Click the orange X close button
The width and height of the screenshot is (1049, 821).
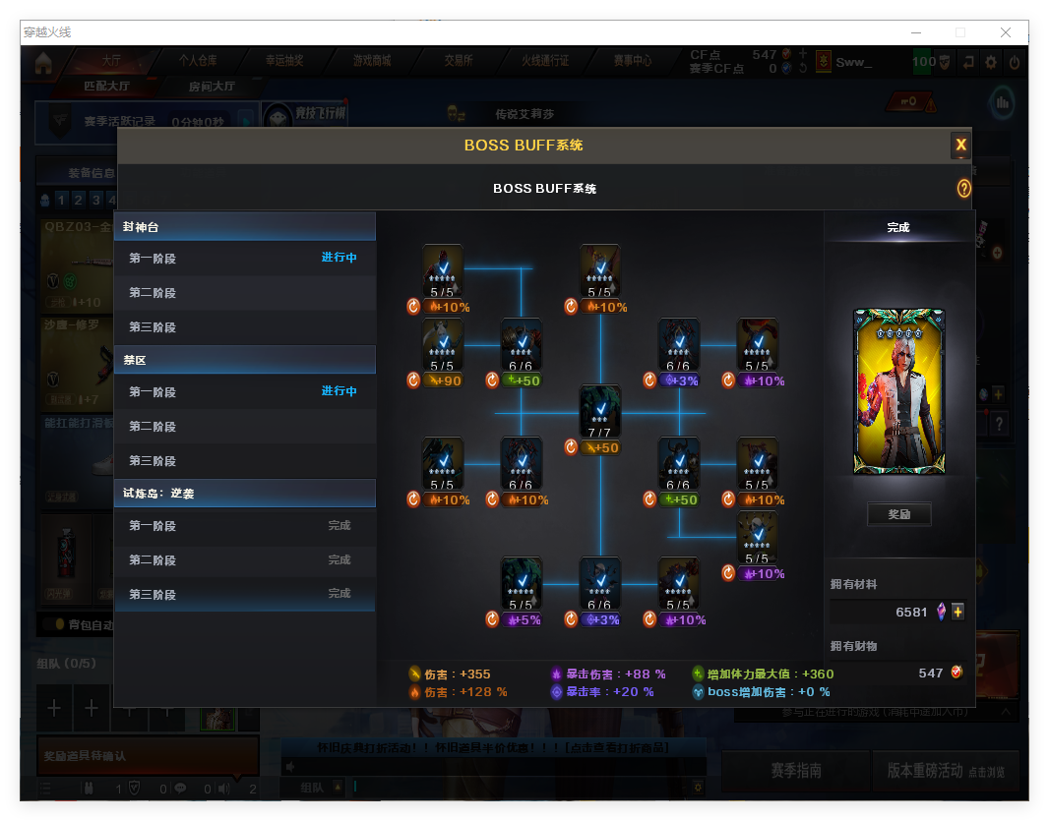(960, 146)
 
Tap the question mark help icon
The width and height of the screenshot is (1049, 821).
(963, 188)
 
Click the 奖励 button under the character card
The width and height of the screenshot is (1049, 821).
(898, 514)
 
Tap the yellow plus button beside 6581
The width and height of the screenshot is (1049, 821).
(957, 612)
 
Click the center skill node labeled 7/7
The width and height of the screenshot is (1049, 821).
(599, 411)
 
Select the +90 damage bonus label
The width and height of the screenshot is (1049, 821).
(445, 381)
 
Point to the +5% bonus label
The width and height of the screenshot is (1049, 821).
(523, 620)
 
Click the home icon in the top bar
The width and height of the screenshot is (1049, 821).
(42, 63)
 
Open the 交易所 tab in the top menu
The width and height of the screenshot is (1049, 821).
(458, 61)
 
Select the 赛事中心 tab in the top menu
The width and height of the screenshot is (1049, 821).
(632, 61)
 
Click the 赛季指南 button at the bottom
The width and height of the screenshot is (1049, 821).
(795, 771)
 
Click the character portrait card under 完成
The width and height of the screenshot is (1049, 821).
(898, 391)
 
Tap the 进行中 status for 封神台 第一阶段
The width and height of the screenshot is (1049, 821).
(339, 258)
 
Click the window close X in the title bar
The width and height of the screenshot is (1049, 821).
(1006, 32)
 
